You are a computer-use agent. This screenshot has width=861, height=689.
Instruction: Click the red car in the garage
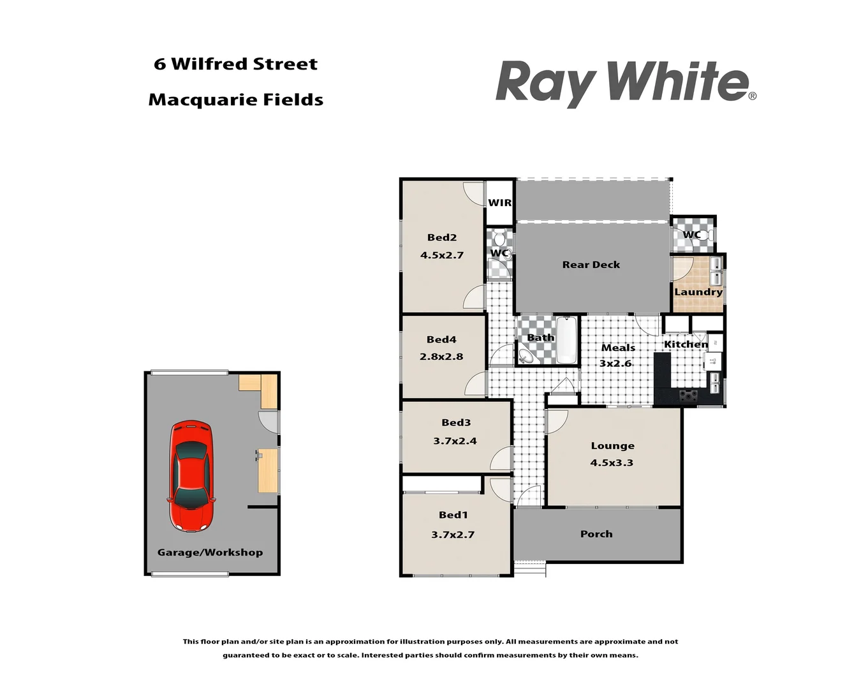pos(191,476)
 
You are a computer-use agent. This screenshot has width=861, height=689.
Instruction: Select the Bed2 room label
pos(442,237)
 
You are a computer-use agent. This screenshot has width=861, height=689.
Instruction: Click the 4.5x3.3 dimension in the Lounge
pos(612,463)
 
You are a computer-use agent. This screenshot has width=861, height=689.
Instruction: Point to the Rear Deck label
pos(591,265)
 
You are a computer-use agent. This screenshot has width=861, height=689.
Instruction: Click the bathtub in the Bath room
pos(566,340)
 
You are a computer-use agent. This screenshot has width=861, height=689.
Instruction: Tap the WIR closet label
pos(499,203)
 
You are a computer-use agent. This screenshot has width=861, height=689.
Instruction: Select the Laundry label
pos(698,292)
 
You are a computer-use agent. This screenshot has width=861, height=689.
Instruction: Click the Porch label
pos(596,534)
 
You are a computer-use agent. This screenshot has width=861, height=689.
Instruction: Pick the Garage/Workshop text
pos(210,552)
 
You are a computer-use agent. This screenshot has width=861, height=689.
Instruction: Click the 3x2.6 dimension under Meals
pos(615,364)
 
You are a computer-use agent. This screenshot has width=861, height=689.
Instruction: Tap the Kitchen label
pos(686,344)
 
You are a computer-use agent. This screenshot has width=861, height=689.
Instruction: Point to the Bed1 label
pos(453,515)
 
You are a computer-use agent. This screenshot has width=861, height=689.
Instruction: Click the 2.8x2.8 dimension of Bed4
pos(441,357)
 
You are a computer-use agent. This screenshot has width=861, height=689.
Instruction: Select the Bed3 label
pos(456,422)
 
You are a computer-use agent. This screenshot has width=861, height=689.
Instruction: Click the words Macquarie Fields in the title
pos(236,100)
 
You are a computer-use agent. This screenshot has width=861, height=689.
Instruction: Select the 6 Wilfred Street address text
pos(235,64)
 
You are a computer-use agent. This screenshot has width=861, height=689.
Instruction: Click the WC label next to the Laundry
pos(691,235)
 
